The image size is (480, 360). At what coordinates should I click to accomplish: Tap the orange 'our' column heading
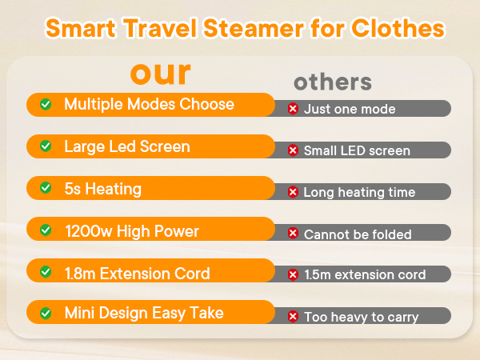[x=161, y=73]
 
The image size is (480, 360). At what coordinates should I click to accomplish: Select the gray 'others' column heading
[x=332, y=82]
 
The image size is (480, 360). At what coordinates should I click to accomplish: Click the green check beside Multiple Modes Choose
[x=46, y=105]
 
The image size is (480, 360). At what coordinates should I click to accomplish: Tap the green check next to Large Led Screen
[x=46, y=147]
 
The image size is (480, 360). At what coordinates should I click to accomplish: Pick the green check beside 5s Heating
[x=46, y=190]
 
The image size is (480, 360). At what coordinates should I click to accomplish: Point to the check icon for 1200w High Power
[x=46, y=232]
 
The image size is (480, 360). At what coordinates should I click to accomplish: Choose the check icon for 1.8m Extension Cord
[x=46, y=274]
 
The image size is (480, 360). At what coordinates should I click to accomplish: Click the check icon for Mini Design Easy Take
[x=46, y=313]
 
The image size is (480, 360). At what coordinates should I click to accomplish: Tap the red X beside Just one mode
[x=293, y=109]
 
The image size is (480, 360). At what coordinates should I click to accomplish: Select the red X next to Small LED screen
[x=293, y=150]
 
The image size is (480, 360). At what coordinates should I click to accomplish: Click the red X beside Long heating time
[x=293, y=192]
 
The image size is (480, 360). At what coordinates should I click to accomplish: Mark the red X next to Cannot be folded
[x=293, y=234]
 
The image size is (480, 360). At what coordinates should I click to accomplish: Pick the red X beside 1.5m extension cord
[x=293, y=275]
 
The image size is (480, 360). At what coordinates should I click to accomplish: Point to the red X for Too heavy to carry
[x=293, y=318]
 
